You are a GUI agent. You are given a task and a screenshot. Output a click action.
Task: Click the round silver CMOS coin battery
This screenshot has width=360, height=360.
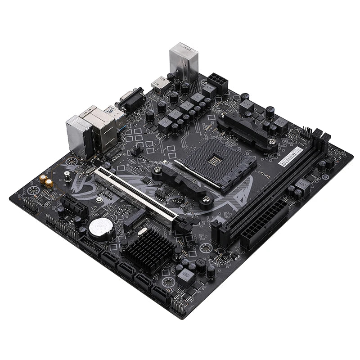click(x=100, y=228)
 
